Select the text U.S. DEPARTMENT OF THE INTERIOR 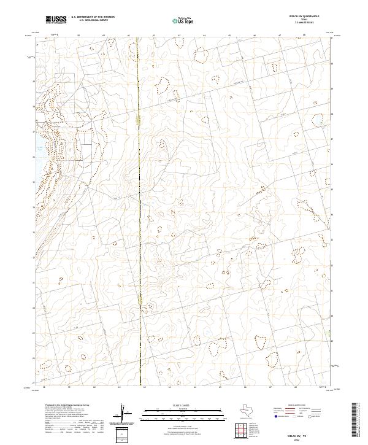coord(93,18)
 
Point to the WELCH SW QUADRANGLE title coord(304,17)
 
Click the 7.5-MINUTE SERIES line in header coord(304,23)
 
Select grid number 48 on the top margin coord(305,36)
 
